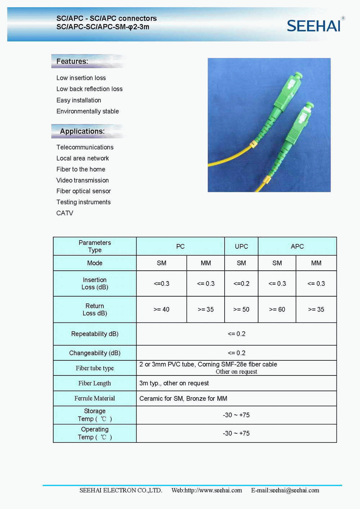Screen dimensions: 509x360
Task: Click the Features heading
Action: point(72,61)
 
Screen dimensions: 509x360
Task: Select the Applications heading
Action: point(82,131)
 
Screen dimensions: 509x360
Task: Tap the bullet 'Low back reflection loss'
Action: point(89,89)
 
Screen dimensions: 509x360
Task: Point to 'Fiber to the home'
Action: point(81,169)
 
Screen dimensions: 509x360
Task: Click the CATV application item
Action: point(65,213)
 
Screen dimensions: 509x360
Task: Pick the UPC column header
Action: point(241,247)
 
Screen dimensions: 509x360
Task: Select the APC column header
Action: point(297,247)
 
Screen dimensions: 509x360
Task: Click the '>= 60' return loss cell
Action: point(277,310)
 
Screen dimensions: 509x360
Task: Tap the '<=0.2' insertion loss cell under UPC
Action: point(241,284)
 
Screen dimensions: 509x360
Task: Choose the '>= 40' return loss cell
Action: point(161,310)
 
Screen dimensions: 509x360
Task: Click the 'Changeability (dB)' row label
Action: point(95,353)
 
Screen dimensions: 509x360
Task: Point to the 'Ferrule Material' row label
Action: point(95,398)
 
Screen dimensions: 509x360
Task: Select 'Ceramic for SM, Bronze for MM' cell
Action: point(183,398)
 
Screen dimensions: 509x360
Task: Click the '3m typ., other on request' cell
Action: point(174,383)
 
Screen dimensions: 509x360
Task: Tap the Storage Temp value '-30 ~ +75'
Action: point(236,415)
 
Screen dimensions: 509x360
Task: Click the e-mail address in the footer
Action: point(285,490)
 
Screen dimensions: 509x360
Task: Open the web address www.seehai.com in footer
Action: point(207,490)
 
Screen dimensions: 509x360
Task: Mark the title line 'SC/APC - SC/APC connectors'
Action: point(107,18)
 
